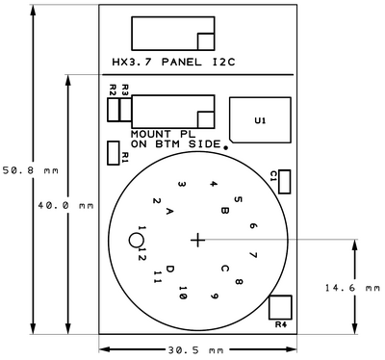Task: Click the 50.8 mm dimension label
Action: (x=31, y=170)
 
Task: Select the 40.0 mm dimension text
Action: (x=65, y=205)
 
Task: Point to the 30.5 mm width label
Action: (x=195, y=349)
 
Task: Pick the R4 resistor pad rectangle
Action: (x=280, y=307)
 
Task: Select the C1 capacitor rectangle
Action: (x=285, y=182)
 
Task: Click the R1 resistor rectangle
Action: (x=114, y=153)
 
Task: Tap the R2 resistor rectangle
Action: (x=113, y=110)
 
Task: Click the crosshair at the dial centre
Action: (x=197, y=240)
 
